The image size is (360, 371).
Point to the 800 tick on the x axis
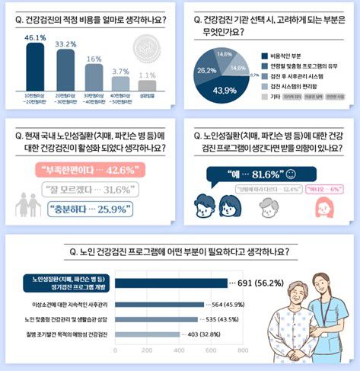243,352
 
